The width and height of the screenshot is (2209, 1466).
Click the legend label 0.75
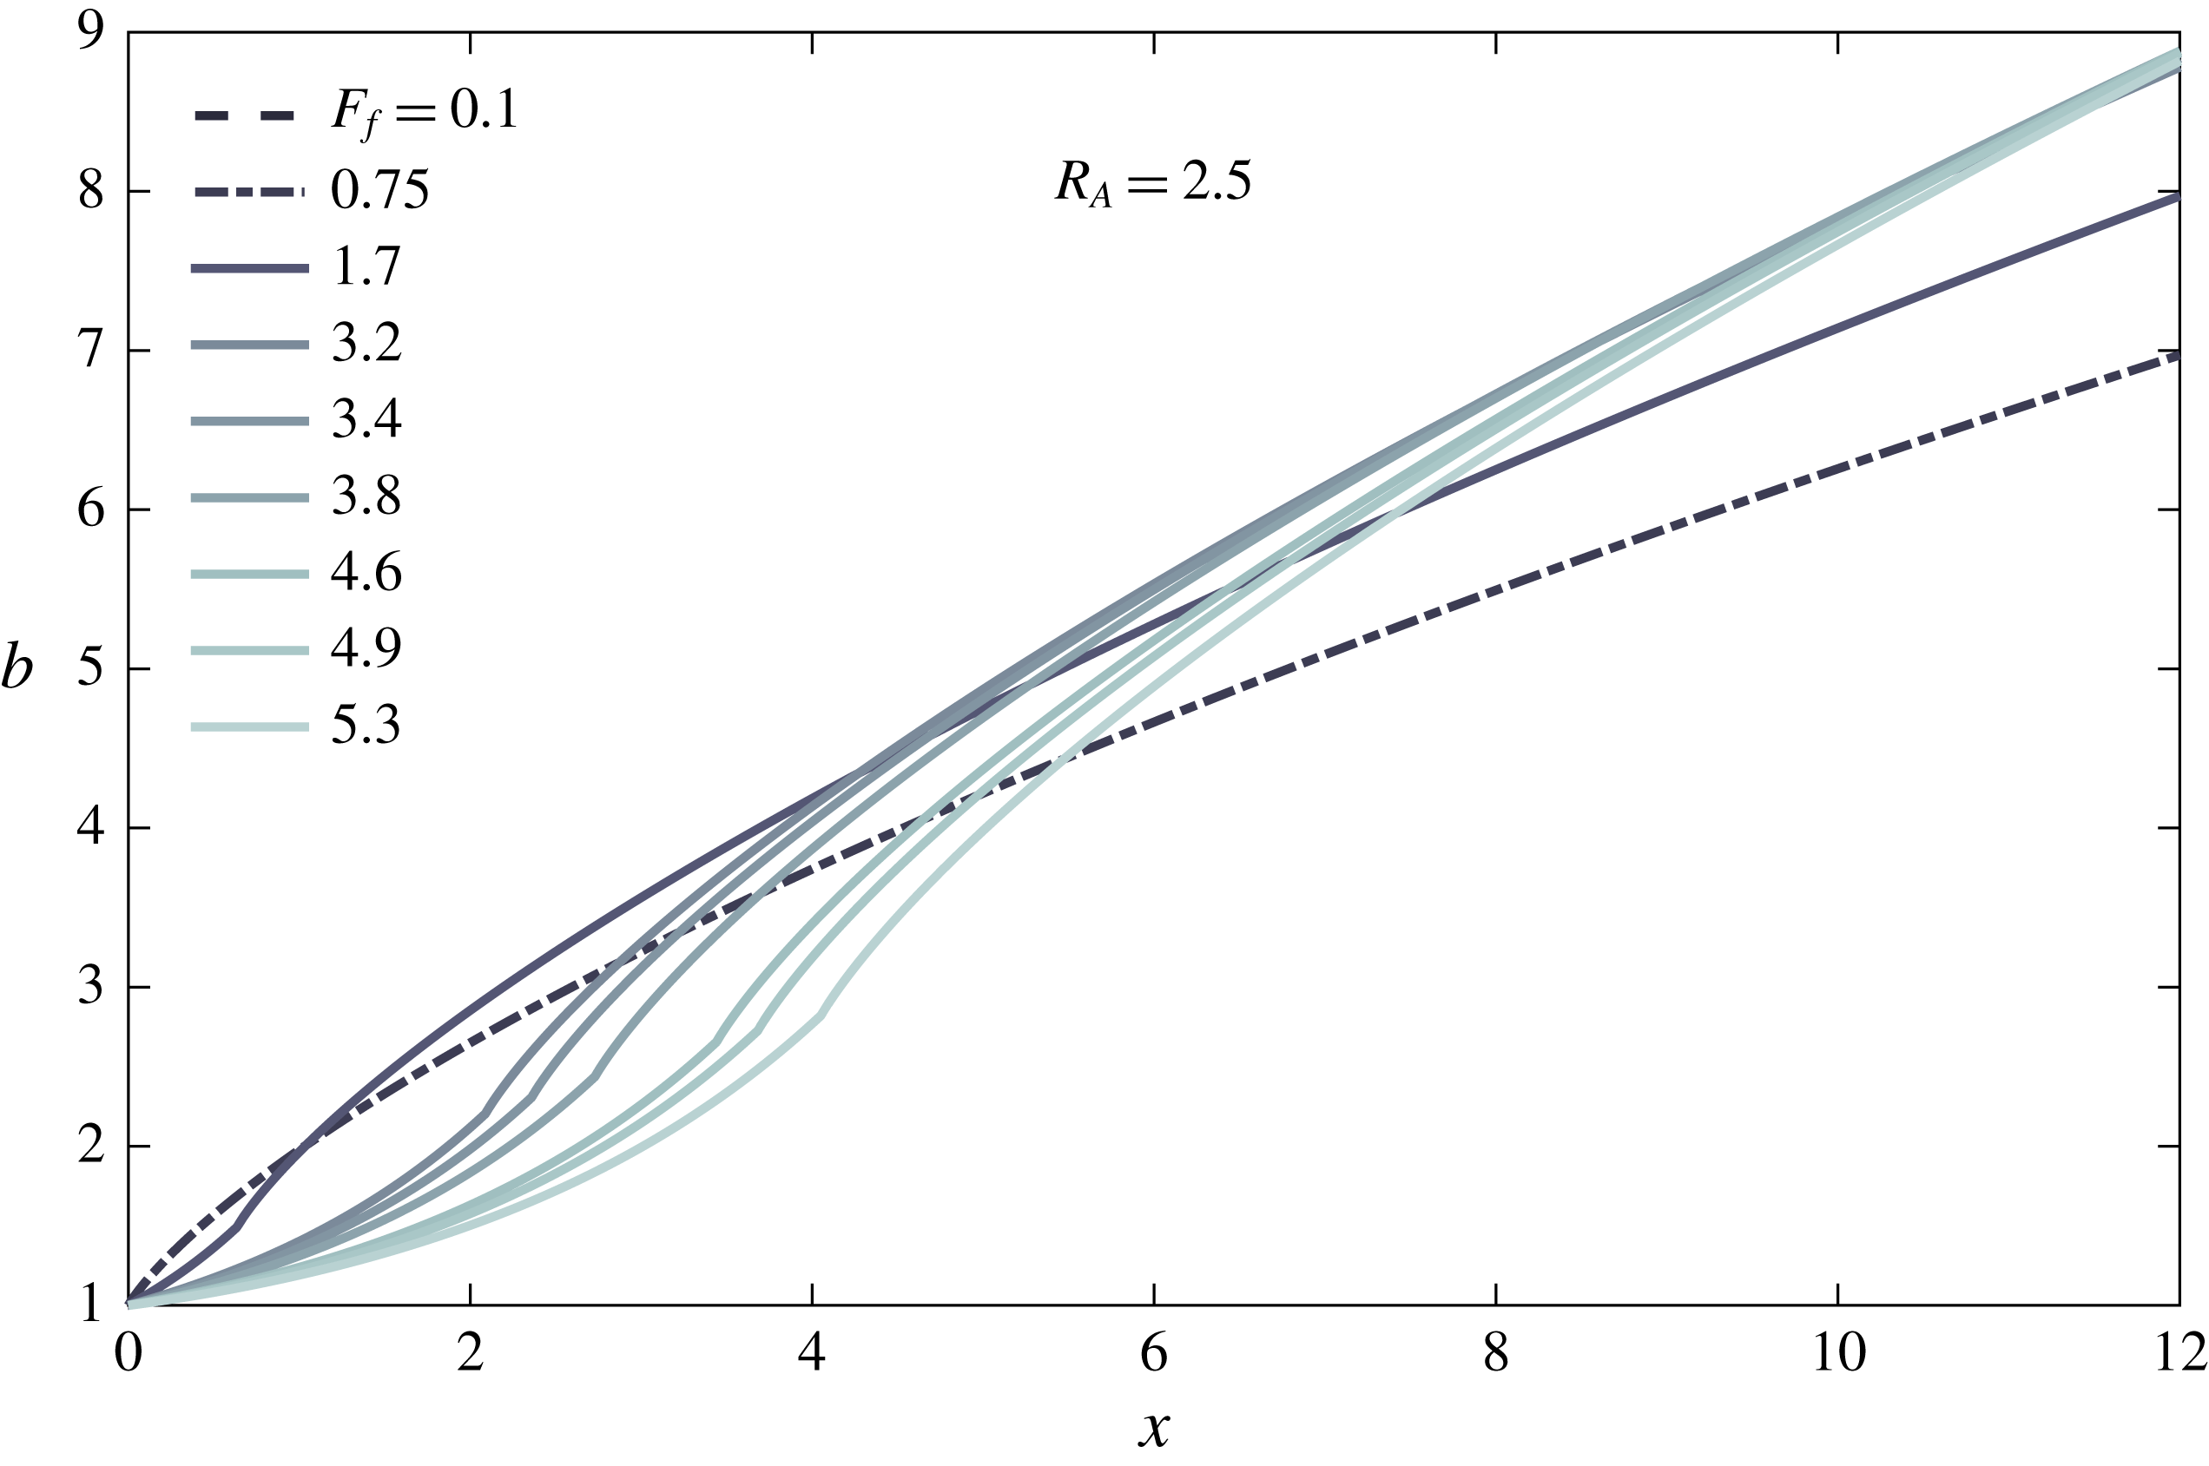pyautogui.click(x=379, y=191)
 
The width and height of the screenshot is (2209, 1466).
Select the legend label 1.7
pyautogui.click(x=366, y=267)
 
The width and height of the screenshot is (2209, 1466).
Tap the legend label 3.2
pyautogui.click(x=366, y=344)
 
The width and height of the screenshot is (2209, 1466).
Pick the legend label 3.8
pyautogui.click(x=366, y=496)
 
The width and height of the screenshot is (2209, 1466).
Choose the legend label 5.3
pyautogui.click(x=366, y=726)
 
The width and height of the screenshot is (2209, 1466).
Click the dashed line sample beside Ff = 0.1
pyautogui.click(x=245, y=116)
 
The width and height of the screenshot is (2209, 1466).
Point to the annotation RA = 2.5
pyautogui.click(x=1152, y=181)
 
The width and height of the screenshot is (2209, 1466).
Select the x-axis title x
pyautogui.click(x=1155, y=1429)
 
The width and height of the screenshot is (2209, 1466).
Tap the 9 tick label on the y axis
pyautogui.click(x=90, y=34)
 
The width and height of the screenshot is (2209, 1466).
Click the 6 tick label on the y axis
pyautogui.click(x=90, y=510)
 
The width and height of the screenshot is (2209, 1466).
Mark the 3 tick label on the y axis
pyautogui.click(x=90, y=987)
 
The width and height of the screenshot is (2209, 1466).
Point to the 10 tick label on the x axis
pyautogui.click(x=1837, y=1353)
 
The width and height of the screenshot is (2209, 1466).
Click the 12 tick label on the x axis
pyautogui.click(x=2180, y=1353)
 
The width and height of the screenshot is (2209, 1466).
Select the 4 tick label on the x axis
pyautogui.click(x=812, y=1353)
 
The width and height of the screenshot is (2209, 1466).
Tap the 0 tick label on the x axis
pyautogui.click(x=129, y=1353)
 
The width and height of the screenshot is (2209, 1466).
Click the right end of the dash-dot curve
pyautogui.click(x=2177, y=355)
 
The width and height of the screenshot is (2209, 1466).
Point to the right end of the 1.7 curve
pyautogui.click(x=2177, y=196)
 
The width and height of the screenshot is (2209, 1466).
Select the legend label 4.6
pyautogui.click(x=366, y=573)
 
